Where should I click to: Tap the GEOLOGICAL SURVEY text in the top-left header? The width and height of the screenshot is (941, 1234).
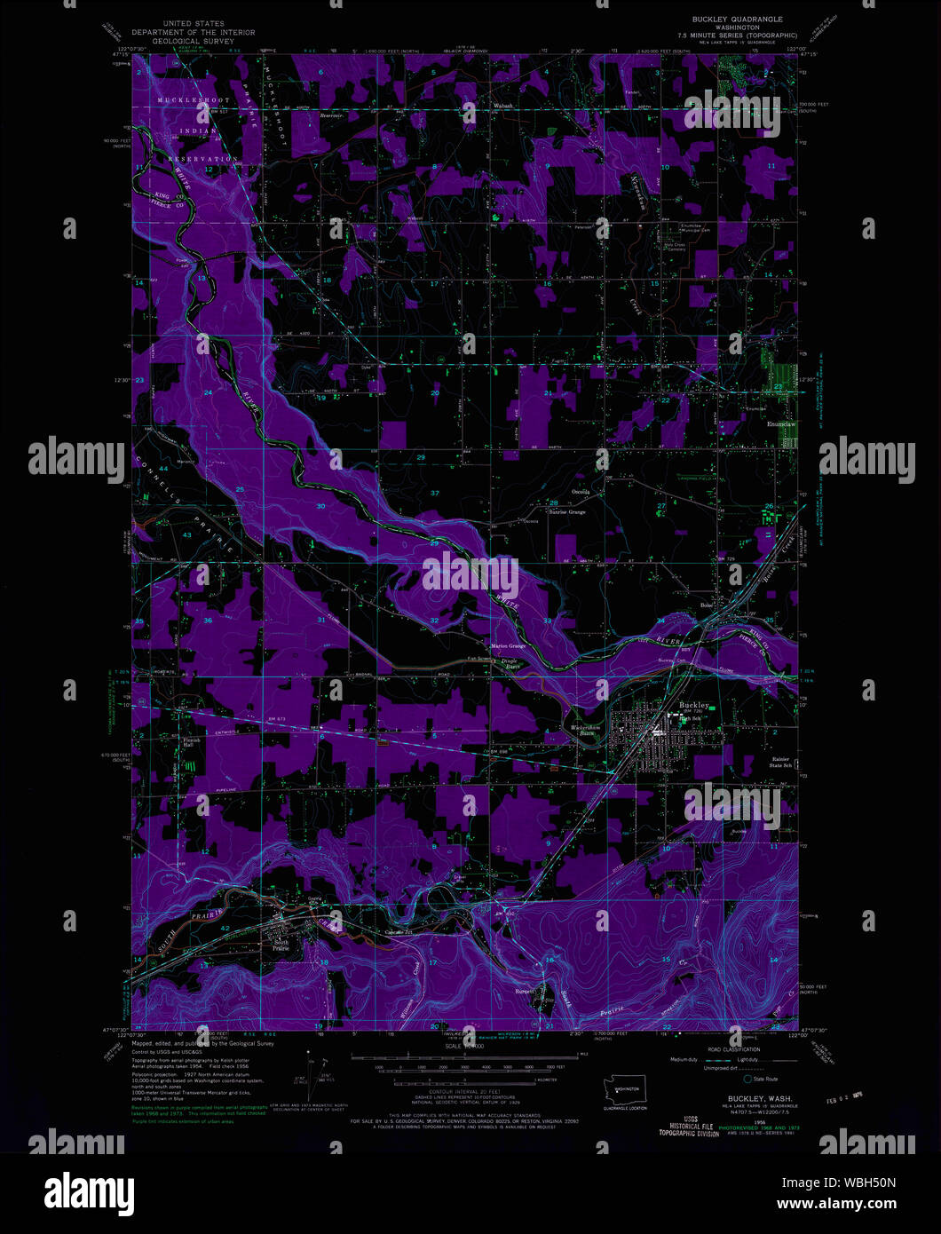(205, 40)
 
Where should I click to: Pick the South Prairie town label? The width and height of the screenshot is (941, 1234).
(281, 945)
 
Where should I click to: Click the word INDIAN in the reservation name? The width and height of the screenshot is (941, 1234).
(199, 131)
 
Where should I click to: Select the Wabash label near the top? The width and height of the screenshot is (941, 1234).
(503, 107)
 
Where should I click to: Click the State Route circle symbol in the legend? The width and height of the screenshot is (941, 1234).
(747, 1079)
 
